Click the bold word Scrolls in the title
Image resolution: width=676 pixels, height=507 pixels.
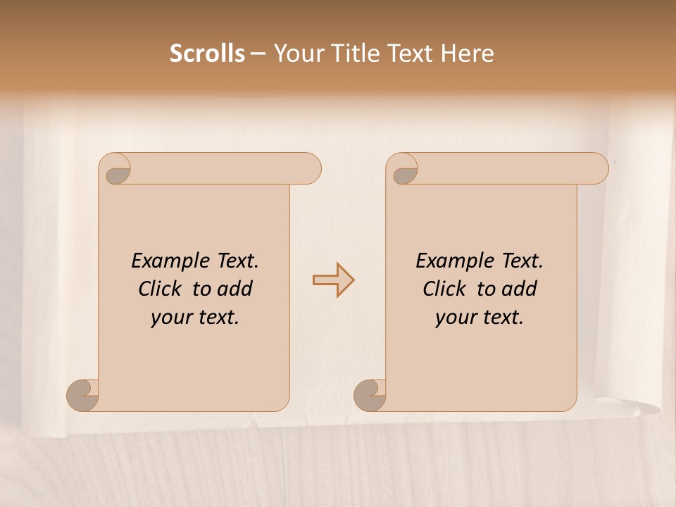tap(207, 54)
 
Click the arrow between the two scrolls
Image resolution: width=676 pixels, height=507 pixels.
tap(333, 280)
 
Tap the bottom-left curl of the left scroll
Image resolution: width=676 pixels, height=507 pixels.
tap(83, 395)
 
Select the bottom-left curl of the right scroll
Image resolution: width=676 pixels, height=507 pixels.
tap(370, 395)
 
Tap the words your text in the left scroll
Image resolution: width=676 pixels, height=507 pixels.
tap(195, 317)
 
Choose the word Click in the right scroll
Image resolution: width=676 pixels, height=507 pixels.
tap(444, 289)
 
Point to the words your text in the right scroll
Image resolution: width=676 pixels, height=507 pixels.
tap(480, 317)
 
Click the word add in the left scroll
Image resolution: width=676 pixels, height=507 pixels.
tap(234, 289)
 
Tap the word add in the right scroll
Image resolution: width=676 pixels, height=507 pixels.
tap(519, 289)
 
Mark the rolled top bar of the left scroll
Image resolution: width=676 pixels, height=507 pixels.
tap(225, 168)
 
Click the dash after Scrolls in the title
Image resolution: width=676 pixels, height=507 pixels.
tap(258, 54)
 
